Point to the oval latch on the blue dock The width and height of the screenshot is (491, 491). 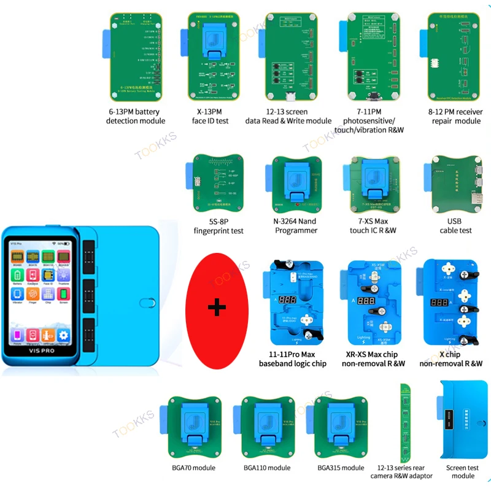[146, 302]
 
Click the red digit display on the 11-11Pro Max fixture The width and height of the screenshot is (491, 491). [288, 301]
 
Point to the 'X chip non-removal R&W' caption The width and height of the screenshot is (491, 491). [450, 359]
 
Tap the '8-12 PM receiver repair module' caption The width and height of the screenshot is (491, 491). [455, 116]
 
